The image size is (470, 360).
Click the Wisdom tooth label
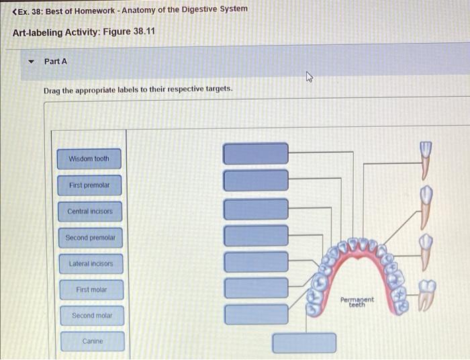[89, 159]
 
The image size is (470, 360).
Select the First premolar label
[89, 185]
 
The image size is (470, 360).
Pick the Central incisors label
[89, 212]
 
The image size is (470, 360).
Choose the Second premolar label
[90, 238]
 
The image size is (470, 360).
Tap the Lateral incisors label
[91, 264]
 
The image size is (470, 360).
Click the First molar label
[91, 290]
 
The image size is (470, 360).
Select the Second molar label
[92, 316]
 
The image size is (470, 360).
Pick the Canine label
[93, 341]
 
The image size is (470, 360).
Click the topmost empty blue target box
[256, 154]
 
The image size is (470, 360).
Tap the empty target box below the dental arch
[304, 343]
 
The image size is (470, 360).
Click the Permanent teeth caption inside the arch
[357, 302]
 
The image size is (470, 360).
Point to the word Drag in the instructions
[52, 89]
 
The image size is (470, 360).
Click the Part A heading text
[56, 61]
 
